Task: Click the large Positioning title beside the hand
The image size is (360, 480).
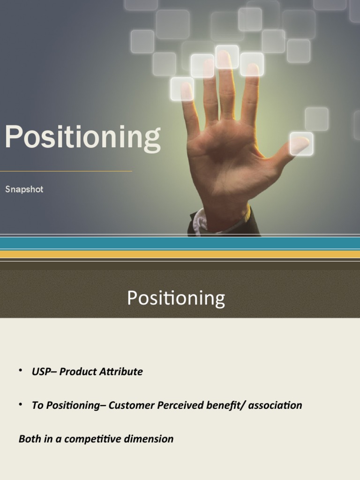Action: click(82, 138)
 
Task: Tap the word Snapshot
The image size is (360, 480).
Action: click(24, 189)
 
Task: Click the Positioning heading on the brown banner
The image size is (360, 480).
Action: click(176, 298)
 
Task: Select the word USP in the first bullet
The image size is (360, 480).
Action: click(40, 371)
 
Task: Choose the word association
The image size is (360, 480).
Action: click(275, 405)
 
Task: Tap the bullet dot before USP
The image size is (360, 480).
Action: click(21, 371)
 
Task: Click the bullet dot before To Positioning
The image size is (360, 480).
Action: click(21, 405)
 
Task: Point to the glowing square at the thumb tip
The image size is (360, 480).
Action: click(301, 143)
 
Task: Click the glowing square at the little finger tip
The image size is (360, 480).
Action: click(182, 89)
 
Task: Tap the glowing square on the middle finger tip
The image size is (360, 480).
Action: click(227, 57)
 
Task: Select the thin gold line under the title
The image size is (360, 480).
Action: click(66, 171)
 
